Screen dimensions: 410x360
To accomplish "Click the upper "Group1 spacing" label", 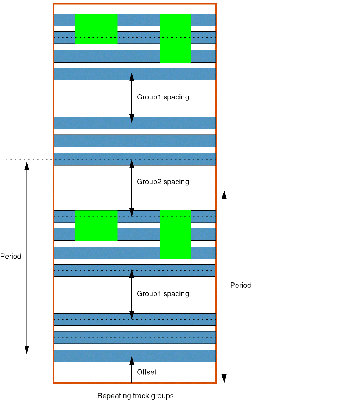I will click(163, 97).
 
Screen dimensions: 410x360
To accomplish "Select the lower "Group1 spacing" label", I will click(163, 294).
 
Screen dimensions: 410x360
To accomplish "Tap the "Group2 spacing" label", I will click(163, 182).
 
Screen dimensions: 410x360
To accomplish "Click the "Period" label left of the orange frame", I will click(11, 257).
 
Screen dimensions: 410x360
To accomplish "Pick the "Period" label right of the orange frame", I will click(241, 285).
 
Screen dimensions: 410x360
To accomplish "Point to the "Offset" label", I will click(146, 372).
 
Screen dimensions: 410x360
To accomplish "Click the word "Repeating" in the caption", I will click(113, 396).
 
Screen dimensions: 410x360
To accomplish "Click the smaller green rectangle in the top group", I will click(96, 29).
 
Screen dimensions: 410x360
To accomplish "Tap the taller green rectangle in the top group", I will click(175, 38).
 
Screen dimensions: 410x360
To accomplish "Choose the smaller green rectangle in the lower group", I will click(96, 225).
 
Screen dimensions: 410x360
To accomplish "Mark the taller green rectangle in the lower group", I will click(175, 234).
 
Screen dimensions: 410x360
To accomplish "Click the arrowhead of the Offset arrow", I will click(132, 361).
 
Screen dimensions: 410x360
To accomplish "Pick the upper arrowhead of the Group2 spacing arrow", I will click(132, 164).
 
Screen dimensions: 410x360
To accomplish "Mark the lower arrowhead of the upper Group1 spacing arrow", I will click(132, 118).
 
